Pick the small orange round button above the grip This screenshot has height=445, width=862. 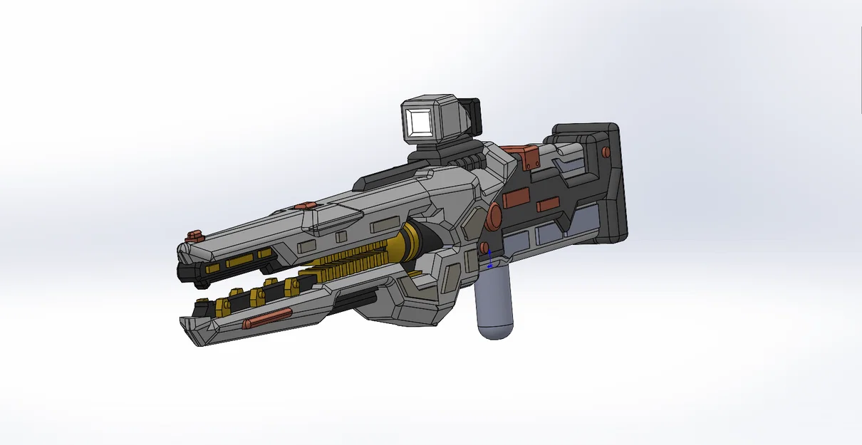coord(484,247)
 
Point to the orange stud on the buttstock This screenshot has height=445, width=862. coord(606,151)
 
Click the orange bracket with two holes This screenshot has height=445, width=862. coord(528,156)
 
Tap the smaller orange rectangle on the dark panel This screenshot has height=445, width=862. coord(547,205)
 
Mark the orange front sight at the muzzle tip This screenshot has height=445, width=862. coord(193,236)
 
